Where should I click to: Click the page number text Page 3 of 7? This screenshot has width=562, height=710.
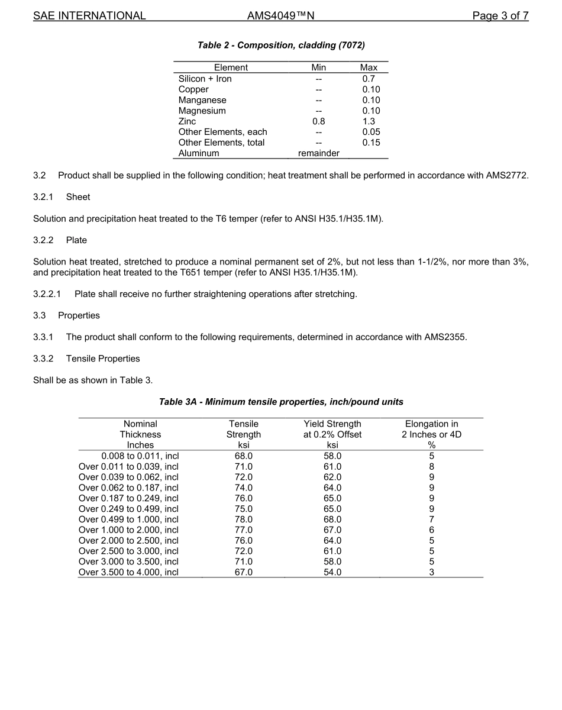tap(500, 16)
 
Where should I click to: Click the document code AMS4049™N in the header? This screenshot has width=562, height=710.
tap(280, 16)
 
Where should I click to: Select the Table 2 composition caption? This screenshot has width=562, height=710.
tap(281, 45)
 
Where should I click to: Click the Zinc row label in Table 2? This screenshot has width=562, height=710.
tap(187, 121)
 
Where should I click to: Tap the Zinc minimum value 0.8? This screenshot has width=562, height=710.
tap(318, 121)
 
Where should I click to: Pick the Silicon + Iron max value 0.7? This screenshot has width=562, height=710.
tap(369, 79)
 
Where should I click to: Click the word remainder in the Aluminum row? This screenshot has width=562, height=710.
tap(318, 153)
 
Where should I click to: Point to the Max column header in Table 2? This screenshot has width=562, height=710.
tap(369, 67)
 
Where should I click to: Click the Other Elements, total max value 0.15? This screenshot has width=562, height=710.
tap(371, 143)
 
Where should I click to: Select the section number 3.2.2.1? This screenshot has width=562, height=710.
tap(50, 294)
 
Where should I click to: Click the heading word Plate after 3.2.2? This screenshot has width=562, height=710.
tap(76, 240)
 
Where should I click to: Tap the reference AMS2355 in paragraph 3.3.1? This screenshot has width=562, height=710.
tap(445, 337)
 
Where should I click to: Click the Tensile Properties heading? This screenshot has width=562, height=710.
tap(103, 359)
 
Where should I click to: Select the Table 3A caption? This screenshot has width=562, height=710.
tap(281, 402)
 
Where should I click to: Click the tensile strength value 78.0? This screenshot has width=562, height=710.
tap(244, 519)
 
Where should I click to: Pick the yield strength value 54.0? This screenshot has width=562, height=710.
tap(332, 572)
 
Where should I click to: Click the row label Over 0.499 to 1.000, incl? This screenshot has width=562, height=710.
tap(128, 519)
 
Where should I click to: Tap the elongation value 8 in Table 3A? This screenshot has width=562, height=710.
tap(431, 467)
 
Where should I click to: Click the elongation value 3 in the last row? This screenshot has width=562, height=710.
tap(431, 572)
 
